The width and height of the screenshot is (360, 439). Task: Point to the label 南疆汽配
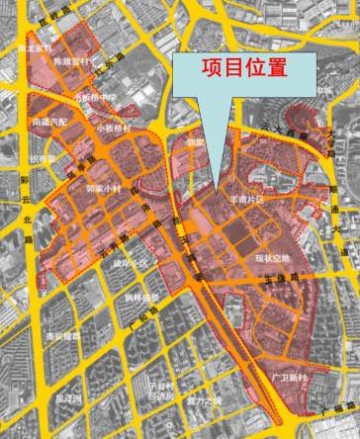(x=50, y=123)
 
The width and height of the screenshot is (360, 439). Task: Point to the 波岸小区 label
(x=130, y=262)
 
